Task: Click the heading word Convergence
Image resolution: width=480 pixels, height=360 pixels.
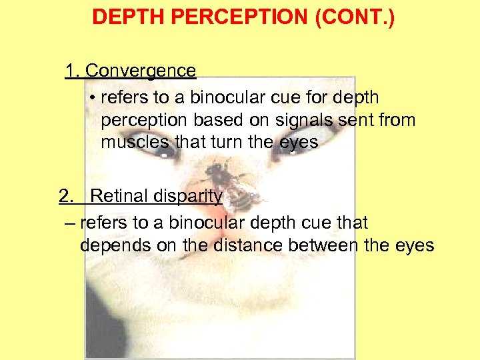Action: click(x=141, y=71)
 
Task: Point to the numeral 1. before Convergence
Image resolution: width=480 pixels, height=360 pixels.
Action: click(x=73, y=71)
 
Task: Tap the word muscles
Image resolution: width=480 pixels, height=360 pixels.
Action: click(x=135, y=143)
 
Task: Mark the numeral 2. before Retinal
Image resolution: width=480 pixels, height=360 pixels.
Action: click(x=67, y=196)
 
